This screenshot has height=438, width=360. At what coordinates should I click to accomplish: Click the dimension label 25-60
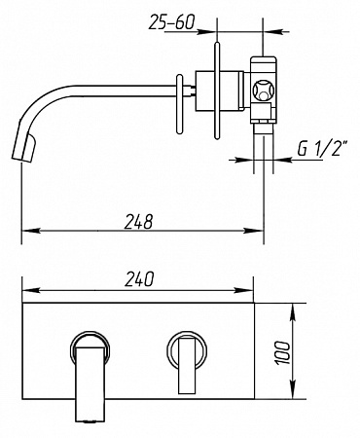pos(171,22)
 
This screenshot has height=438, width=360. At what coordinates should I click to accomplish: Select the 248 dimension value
pos(138,222)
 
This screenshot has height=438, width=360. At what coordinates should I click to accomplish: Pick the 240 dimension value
pos(139,279)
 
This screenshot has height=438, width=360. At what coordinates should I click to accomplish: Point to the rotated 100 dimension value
pos(283,352)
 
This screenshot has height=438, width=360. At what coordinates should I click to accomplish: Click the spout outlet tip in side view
pos(23,150)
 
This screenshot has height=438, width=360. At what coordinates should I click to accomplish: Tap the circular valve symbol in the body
pos(264,91)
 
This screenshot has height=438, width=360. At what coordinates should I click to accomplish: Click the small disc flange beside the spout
pos(180,104)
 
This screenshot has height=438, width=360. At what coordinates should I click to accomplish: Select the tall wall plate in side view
pos(217,91)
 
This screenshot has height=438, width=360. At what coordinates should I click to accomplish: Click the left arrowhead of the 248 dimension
pos(30,231)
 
